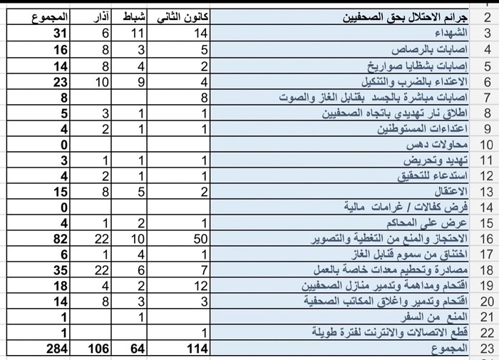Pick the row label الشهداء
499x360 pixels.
(451, 34)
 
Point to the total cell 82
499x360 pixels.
(59, 239)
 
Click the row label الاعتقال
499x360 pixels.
(451, 192)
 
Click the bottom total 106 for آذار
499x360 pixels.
(97, 349)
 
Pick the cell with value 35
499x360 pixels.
(59, 270)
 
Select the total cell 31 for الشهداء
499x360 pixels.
(59, 34)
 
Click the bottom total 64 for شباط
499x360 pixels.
(135, 349)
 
